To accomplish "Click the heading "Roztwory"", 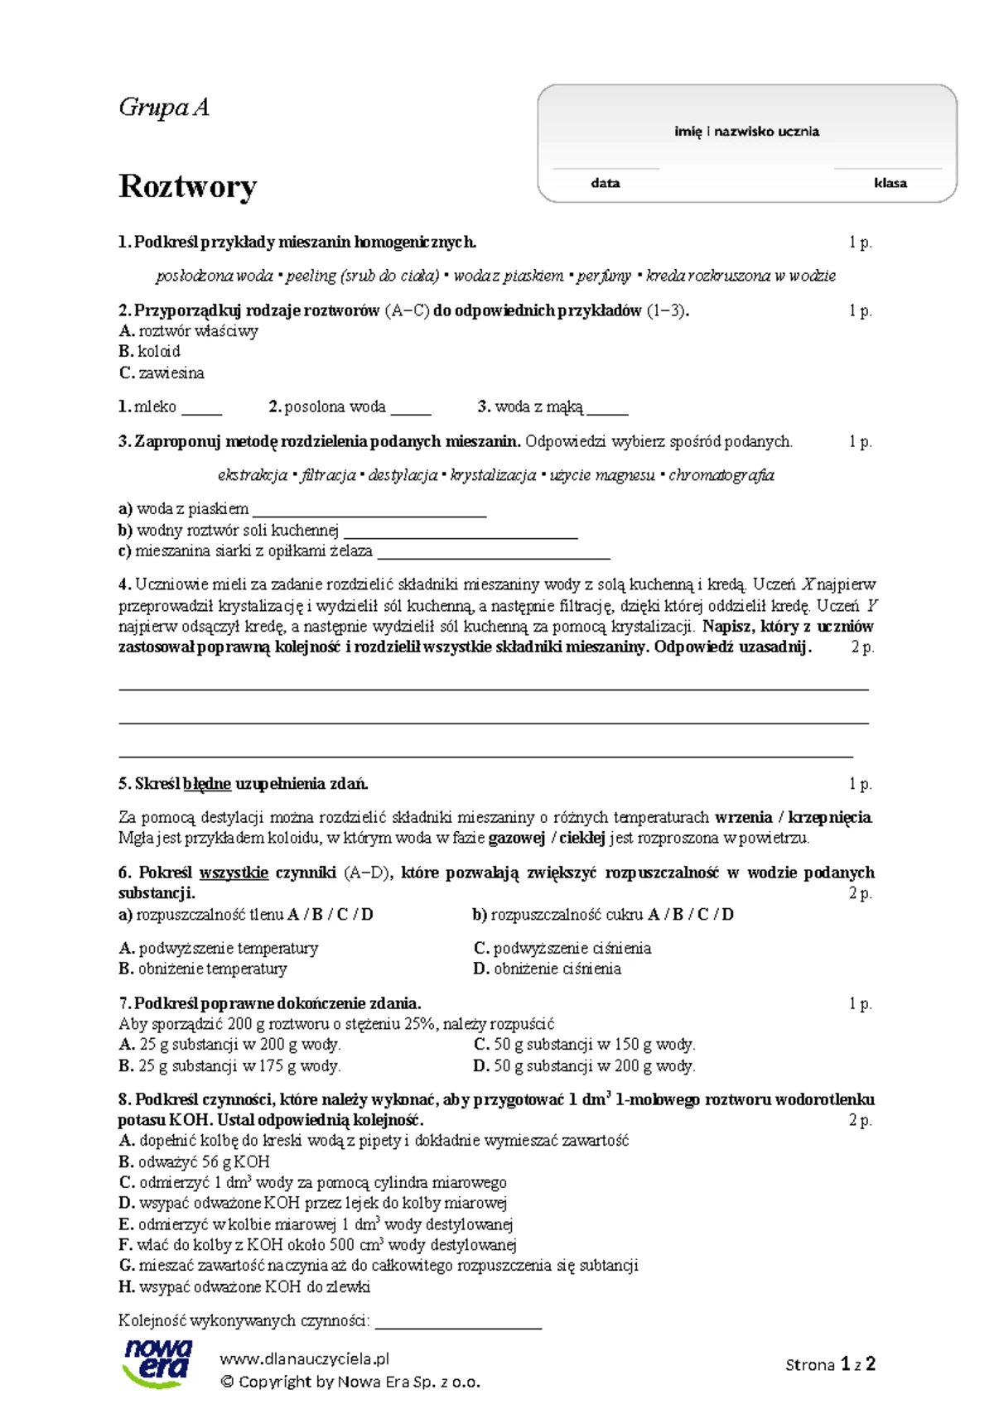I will click(187, 186).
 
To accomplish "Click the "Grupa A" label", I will click(164, 108).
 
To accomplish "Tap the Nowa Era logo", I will click(157, 1363).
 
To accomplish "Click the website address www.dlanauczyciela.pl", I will click(305, 1358).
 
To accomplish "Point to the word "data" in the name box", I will click(606, 183).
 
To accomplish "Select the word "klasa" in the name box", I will click(890, 183).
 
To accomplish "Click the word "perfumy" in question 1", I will click(604, 276).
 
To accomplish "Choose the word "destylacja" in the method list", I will click(403, 475).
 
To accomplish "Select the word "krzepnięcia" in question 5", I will click(829, 817).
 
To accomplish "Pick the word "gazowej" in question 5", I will click(516, 838).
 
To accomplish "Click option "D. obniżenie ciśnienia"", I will click(548, 969).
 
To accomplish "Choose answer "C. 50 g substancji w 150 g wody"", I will click(585, 1045).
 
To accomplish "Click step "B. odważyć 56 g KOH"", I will click(195, 1161).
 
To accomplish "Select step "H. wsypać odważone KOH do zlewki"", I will click(244, 1286).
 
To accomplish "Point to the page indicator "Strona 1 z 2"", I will click(830, 1364).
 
